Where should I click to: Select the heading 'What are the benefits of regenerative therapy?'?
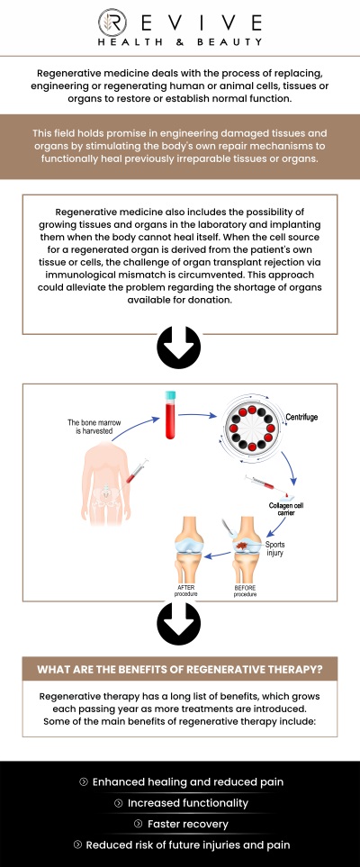coord(179,669)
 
